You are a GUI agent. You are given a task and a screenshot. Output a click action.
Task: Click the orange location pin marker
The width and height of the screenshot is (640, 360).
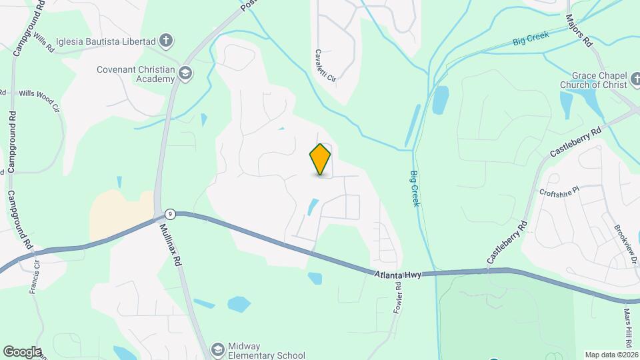(320, 159)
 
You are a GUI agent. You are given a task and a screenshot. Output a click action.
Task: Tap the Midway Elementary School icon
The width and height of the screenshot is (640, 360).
(217, 350)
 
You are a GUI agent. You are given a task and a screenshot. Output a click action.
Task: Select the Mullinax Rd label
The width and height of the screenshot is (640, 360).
(171, 245)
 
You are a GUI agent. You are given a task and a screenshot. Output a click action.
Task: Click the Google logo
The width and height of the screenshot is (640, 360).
(22, 351)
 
